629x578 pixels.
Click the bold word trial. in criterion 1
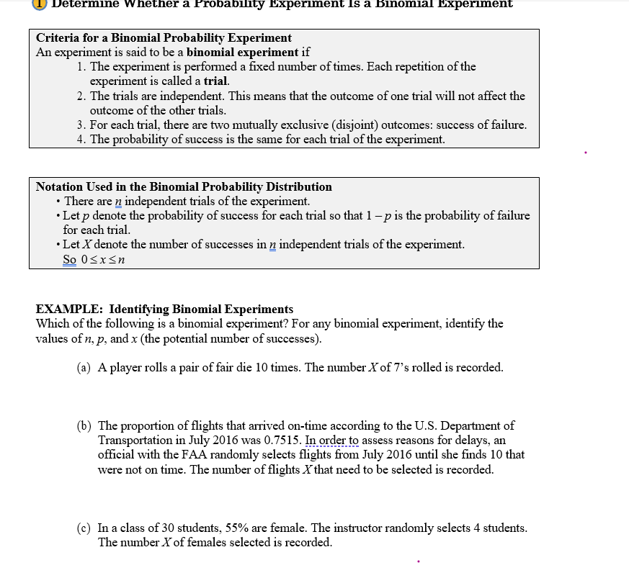[216, 81]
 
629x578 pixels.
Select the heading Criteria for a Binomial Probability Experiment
[164, 37]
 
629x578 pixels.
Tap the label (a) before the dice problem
[84, 367]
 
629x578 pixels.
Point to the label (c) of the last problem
[84, 528]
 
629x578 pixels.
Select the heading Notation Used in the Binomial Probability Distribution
[184, 186]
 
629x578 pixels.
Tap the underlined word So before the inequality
[69, 259]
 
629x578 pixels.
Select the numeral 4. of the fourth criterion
[81, 139]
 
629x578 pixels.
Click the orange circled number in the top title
[40, 4]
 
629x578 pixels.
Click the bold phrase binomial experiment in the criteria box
[242, 52]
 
